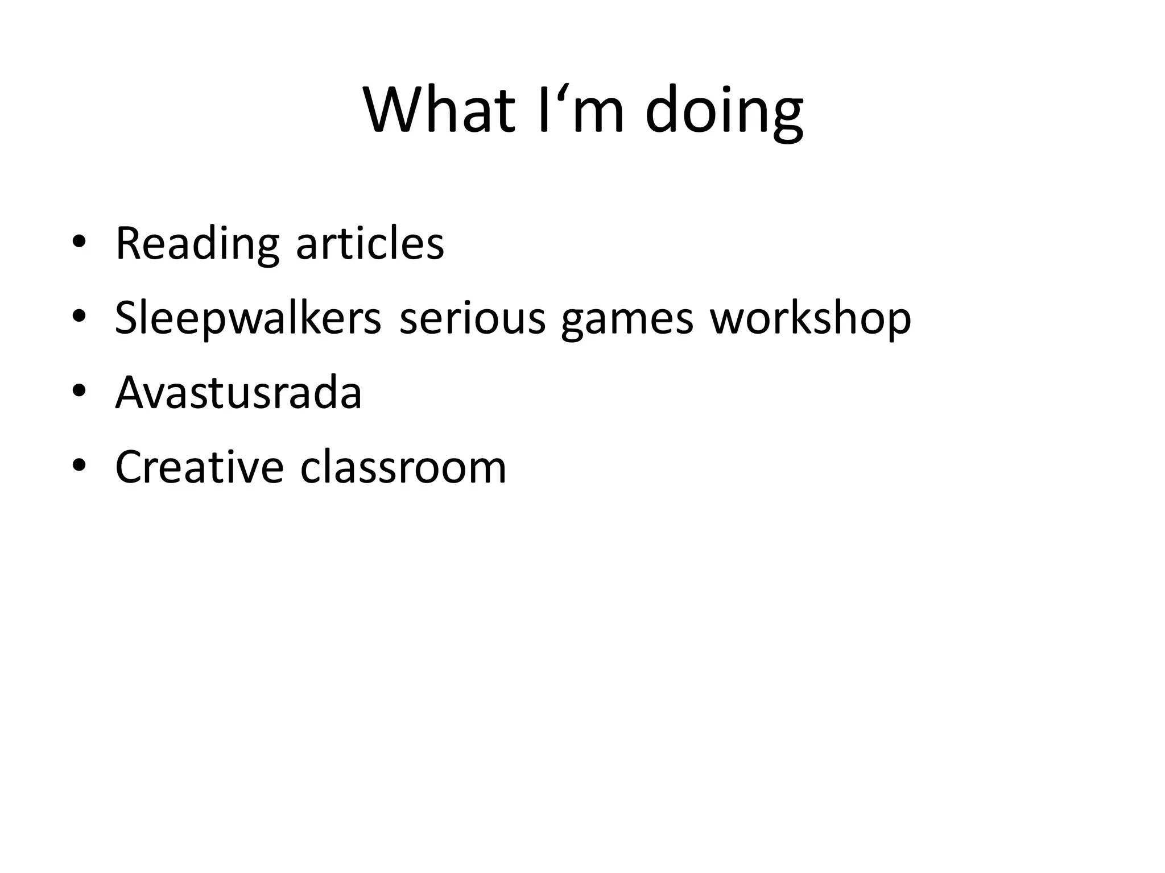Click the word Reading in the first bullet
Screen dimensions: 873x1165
pos(197,244)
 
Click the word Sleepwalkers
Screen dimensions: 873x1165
pos(248,318)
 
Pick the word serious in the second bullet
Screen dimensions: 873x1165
pos(472,318)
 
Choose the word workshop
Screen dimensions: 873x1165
pos(810,318)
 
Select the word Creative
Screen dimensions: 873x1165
pos(199,467)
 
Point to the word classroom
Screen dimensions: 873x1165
pos(403,467)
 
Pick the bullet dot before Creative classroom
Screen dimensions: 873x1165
pos(79,465)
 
